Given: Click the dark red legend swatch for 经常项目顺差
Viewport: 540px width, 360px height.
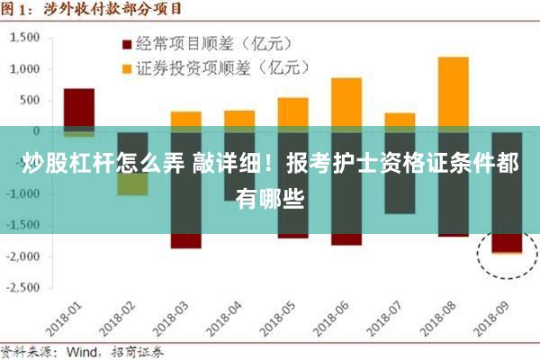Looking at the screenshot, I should click(127, 43).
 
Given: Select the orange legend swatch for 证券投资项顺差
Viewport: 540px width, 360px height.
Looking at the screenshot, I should click(127, 67).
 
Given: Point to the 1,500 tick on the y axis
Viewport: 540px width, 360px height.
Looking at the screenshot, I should click(26, 38).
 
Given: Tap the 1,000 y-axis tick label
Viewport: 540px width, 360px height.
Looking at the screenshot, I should click(26, 69).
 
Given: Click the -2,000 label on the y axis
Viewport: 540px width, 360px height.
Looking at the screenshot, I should click(24, 256).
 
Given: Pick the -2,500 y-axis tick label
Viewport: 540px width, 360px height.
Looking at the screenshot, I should click(24, 288).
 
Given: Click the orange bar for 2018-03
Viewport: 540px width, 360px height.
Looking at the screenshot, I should click(186, 118).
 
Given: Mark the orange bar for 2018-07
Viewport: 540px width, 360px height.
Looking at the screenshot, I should click(400, 119).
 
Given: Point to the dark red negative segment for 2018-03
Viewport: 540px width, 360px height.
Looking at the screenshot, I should click(186, 241).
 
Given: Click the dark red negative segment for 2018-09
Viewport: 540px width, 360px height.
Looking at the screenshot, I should click(507, 243).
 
